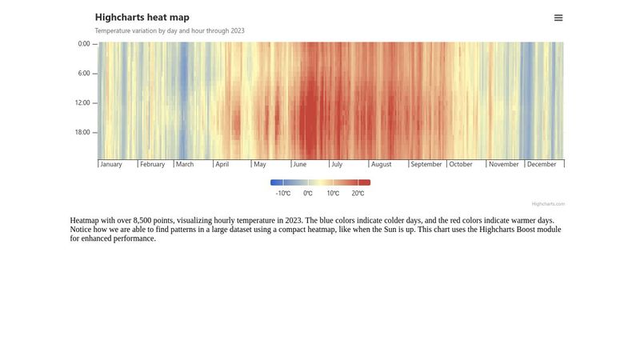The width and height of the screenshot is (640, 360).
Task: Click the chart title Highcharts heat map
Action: tap(142, 17)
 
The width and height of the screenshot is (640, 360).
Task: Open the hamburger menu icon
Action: tap(558, 18)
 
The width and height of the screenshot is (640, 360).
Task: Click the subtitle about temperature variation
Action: tap(170, 31)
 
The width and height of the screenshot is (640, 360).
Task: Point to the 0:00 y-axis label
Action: tap(84, 44)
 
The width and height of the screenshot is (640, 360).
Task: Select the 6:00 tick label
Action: tap(84, 74)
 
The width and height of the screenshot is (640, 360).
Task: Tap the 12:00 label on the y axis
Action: tap(82, 103)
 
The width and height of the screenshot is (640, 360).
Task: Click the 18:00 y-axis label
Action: tap(82, 133)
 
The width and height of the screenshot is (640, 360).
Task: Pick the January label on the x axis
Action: tap(111, 165)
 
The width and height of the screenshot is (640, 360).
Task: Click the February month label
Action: tap(152, 165)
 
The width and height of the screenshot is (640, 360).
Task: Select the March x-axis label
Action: tap(185, 165)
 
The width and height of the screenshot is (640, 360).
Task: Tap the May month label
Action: tap(260, 165)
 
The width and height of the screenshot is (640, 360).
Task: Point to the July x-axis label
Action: tap(337, 165)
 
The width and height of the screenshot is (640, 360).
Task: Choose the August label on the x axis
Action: tap(382, 165)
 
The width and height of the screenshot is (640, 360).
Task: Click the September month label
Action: tap(426, 165)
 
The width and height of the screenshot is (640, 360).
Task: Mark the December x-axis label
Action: tap(542, 165)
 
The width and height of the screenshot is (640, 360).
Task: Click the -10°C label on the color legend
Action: tap(283, 194)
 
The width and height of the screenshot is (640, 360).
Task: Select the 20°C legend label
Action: tap(358, 194)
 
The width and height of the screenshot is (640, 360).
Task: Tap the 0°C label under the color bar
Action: tap(308, 194)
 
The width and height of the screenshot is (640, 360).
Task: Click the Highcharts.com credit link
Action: tap(548, 204)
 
